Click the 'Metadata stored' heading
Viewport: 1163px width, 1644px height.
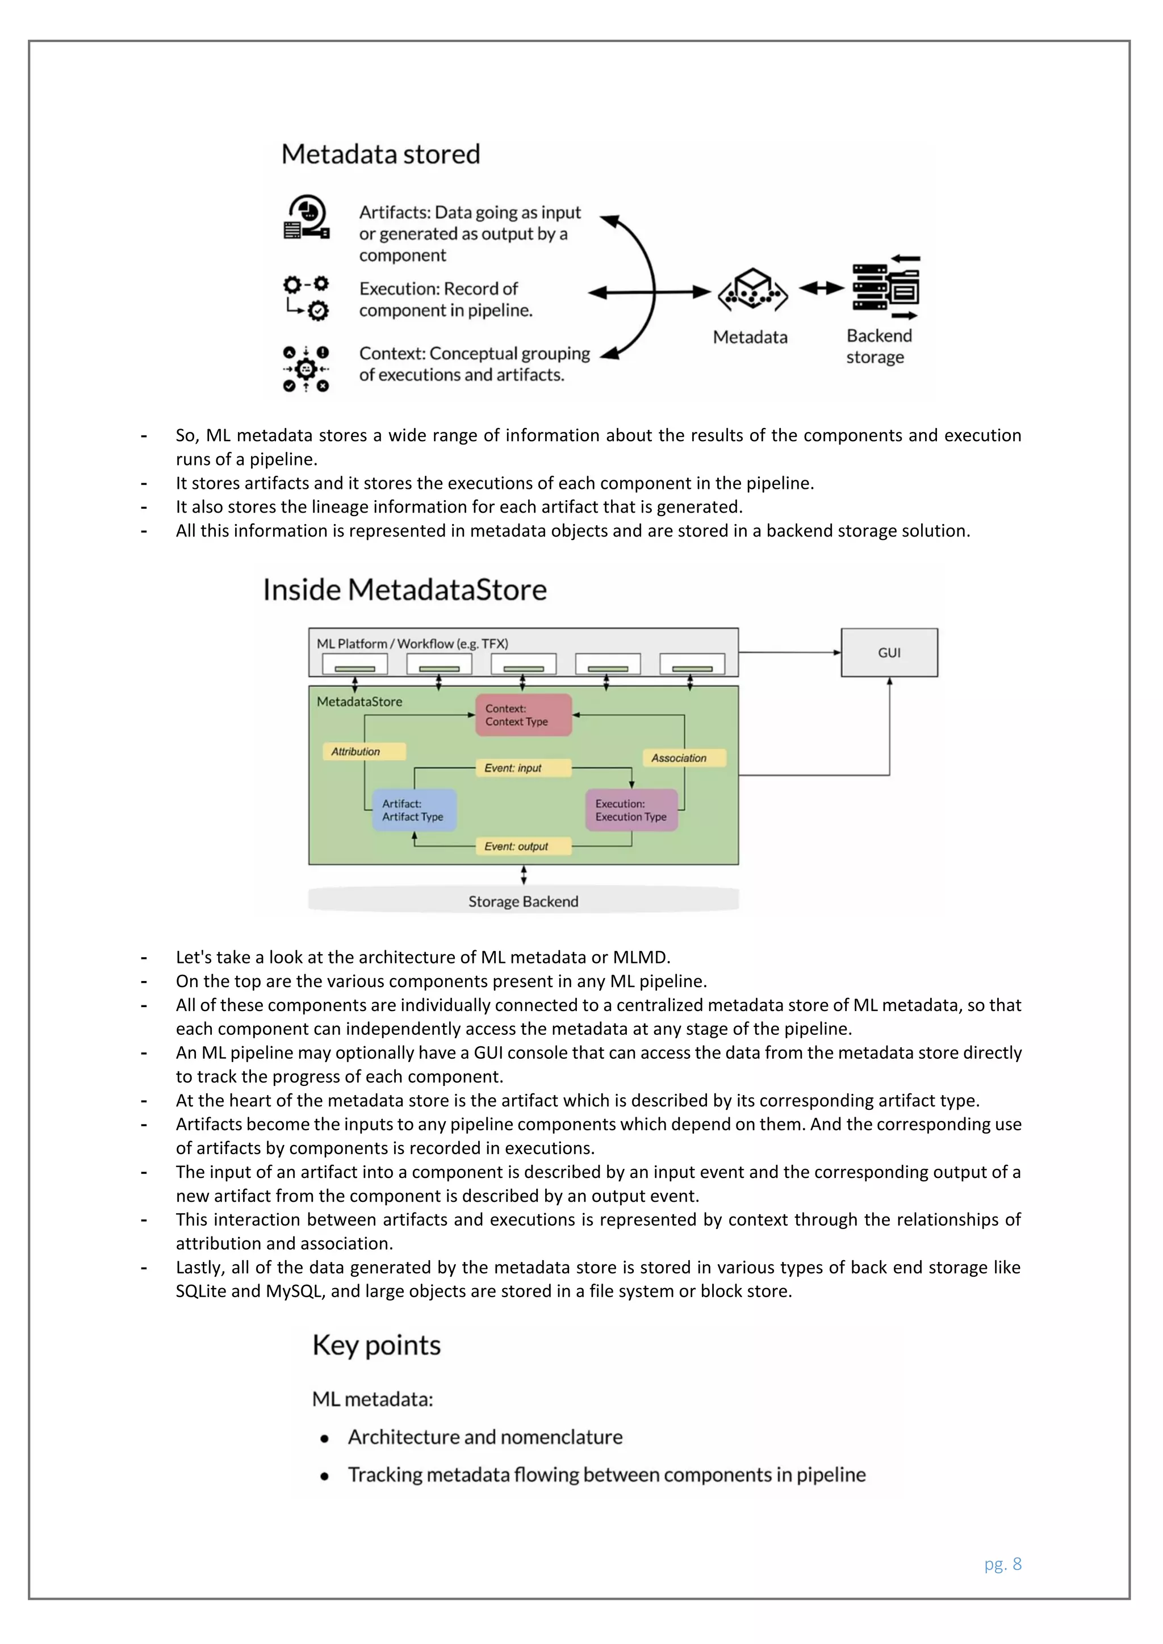[380, 154]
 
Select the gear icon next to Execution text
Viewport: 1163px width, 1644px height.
[307, 296]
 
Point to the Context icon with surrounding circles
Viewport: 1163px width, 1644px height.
[306, 370]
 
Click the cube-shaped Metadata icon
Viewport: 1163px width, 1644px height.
[752, 290]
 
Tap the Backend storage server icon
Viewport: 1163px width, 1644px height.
[886, 287]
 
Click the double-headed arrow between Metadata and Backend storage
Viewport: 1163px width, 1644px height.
[821, 288]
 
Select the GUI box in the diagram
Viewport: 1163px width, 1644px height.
[889, 652]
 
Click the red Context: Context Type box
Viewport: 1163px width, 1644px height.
[524, 715]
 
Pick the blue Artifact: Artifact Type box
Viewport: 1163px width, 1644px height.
[414, 810]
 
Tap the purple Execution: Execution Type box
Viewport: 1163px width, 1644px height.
[631, 810]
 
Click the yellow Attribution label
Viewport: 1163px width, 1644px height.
[364, 751]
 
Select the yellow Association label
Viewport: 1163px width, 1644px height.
[685, 757]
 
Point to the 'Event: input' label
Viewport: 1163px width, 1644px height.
[523, 768]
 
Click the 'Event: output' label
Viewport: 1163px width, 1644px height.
[523, 846]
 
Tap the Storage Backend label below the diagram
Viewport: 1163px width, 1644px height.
[523, 901]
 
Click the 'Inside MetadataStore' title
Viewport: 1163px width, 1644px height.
[405, 590]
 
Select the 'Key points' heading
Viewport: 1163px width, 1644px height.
[376, 1345]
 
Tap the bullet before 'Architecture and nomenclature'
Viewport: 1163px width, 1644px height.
[324, 1438]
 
